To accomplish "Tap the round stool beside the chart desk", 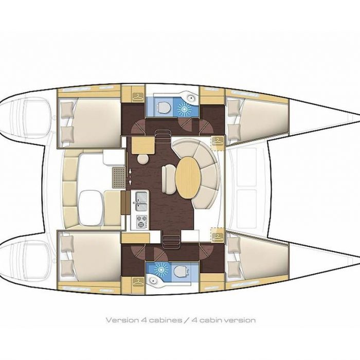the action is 143,159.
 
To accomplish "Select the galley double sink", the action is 141,202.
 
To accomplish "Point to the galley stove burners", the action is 141,222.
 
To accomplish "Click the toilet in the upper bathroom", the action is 164,107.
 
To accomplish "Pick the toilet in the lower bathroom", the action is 181,272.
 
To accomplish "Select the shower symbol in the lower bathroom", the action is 160,268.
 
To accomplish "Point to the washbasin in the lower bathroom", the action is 152,281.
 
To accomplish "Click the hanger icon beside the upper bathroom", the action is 138,97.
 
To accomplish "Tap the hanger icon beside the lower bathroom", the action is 138,282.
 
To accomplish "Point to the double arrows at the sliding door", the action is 130,176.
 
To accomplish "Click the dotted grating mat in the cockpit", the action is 119,177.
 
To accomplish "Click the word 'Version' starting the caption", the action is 122,320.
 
